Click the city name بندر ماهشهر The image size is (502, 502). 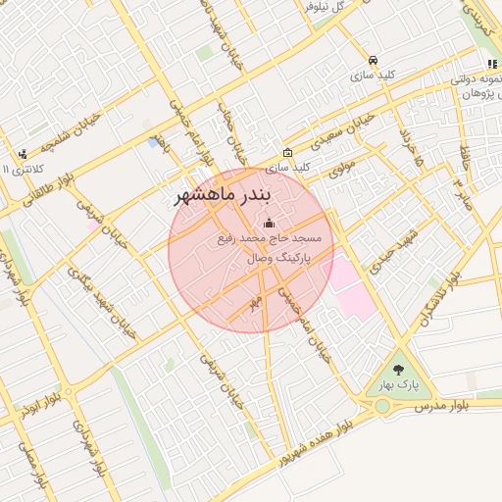[226, 195]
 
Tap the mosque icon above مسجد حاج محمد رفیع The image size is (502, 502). [270, 225]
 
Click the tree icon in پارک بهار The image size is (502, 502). [398, 371]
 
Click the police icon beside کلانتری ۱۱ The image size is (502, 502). [22, 154]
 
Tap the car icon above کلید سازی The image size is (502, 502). [373, 60]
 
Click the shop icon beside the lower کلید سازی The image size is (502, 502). [286, 152]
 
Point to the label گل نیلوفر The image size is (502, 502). [326, 7]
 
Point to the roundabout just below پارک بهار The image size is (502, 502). [382, 406]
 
